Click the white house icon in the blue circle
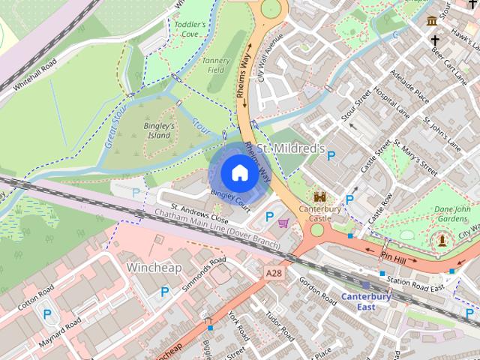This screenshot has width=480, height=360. (x=238, y=172)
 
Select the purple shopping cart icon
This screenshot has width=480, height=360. (x=283, y=222)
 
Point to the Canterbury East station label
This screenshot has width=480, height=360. (x=366, y=301)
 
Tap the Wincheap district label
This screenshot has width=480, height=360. (x=155, y=267)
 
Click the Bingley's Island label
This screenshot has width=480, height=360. (x=159, y=131)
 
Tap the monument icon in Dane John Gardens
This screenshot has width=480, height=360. (x=442, y=239)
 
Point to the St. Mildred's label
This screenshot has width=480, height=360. (x=290, y=150)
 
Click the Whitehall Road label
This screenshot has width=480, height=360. (x=33, y=75)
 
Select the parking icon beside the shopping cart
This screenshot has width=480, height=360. (x=269, y=217)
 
